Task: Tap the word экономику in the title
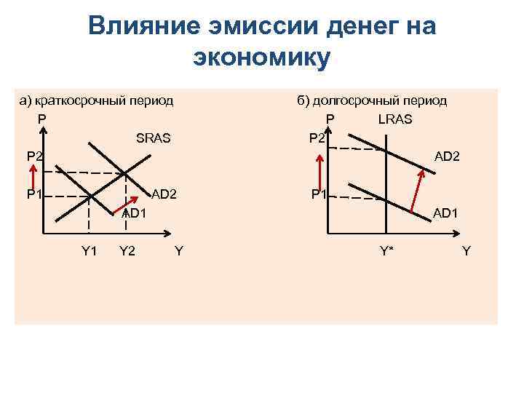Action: pos(261,57)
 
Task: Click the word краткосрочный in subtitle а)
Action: pos(76,100)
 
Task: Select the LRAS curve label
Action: pos(395,119)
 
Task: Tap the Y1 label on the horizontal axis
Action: pos(89,252)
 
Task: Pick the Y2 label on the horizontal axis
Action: pos(127,252)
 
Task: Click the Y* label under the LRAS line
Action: pos(386,252)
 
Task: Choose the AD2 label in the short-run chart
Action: pos(164,194)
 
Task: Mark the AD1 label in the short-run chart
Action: pos(135,213)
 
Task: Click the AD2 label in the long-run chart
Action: pos(448,156)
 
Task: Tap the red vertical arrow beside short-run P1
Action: pos(33,178)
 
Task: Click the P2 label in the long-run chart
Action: pos(317,138)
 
